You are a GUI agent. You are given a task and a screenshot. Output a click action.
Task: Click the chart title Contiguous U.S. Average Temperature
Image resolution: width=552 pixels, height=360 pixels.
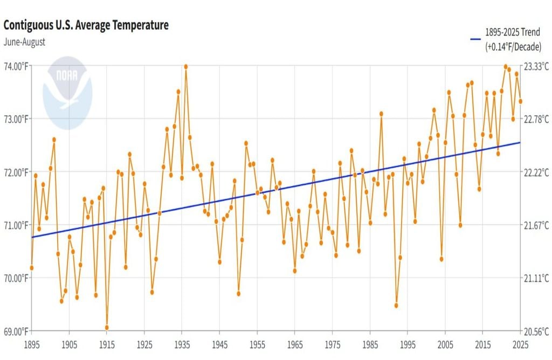pyautogui.click(x=86, y=25)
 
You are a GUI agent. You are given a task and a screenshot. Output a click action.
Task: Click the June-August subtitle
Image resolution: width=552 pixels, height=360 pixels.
pyautogui.click(x=24, y=41)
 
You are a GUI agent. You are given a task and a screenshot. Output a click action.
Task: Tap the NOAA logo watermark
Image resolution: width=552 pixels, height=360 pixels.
pyautogui.click(x=67, y=93)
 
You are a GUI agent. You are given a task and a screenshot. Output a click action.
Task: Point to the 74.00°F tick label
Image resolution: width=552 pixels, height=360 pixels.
pyautogui.click(x=17, y=66)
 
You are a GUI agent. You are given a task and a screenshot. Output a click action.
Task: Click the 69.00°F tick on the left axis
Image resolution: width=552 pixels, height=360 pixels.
pyautogui.click(x=17, y=330)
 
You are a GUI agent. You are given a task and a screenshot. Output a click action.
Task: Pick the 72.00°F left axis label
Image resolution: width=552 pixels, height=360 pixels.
pyautogui.click(x=17, y=172)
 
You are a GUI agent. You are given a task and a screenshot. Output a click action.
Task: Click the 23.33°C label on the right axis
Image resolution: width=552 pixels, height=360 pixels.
pyautogui.click(x=536, y=66)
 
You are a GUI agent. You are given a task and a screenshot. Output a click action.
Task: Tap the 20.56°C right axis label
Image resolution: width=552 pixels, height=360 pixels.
pyautogui.click(x=536, y=330)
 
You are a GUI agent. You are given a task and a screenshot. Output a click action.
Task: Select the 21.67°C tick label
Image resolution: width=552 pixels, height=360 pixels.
pyautogui.click(x=536, y=225)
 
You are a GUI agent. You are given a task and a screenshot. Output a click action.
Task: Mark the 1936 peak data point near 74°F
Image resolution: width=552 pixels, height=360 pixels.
pyautogui.click(x=186, y=67)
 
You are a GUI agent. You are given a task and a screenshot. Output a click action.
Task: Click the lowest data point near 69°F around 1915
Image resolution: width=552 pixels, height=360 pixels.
pyautogui.click(x=107, y=327)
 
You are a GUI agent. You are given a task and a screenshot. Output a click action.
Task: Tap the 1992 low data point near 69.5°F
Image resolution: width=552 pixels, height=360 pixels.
pyautogui.click(x=396, y=306)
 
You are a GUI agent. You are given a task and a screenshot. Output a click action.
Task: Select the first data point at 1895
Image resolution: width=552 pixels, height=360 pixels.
pyautogui.click(x=32, y=268)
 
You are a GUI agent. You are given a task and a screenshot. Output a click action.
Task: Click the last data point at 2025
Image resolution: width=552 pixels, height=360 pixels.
pyautogui.click(x=520, y=101)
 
